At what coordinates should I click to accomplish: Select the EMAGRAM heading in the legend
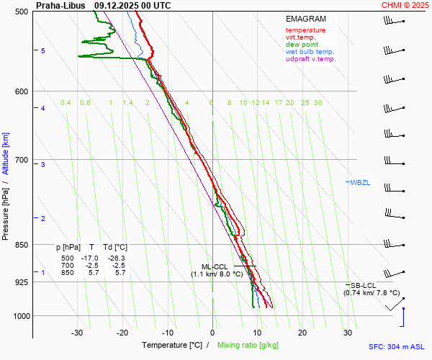click(x=305, y=19)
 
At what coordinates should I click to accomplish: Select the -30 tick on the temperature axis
click(x=77, y=333)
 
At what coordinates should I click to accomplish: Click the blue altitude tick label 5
click(x=43, y=50)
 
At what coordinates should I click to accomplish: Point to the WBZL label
click(x=360, y=182)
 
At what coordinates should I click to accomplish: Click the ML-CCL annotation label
click(x=215, y=266)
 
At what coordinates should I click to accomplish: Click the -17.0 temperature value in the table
click(x=90, y=258)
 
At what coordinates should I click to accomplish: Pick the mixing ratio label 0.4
click(x=66, y=103)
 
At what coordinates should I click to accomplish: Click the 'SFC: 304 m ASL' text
click(x=396, y=346)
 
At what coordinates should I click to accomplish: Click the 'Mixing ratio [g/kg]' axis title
click(x=248, y=346)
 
